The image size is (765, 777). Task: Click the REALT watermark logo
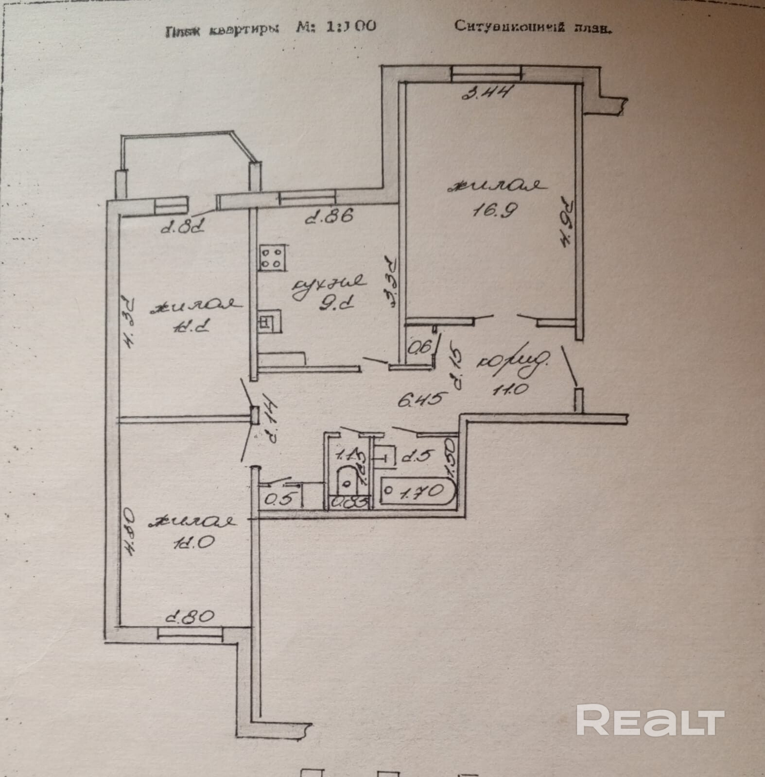(650, 722)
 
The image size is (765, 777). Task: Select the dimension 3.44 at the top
(487, 92)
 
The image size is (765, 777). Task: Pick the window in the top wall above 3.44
(486, 73)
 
